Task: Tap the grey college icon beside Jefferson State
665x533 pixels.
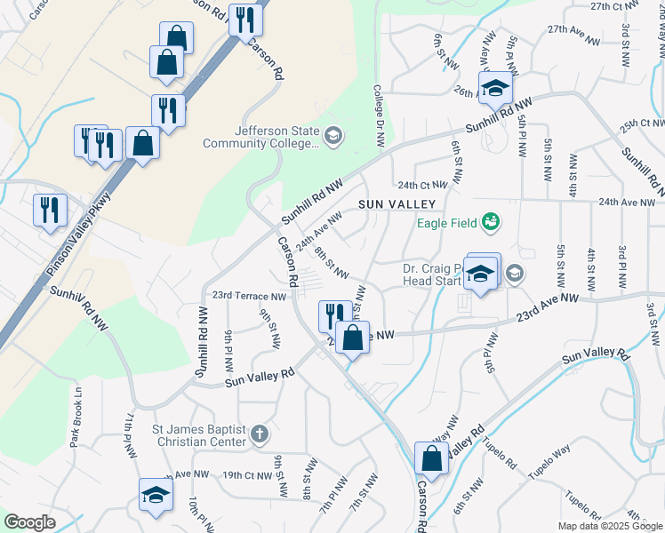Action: tap(332, 135)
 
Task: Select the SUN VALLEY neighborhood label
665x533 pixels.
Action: tap(397, 204)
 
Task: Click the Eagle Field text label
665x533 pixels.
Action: tap(447, 222)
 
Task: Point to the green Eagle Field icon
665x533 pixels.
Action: tap(490, 220)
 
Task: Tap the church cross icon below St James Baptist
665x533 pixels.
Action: tap(259, 434)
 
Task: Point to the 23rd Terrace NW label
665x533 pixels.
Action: tap(249, 296)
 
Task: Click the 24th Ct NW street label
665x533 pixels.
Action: tap(421, 186)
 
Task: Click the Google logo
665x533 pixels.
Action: tap(30, 522)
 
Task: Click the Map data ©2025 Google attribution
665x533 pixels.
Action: tap(610, 526)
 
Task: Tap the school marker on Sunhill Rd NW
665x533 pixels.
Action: tap(494, 88)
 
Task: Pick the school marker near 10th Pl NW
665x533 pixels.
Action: tap(155, 495)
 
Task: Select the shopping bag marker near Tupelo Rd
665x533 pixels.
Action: tap(431, 459)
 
